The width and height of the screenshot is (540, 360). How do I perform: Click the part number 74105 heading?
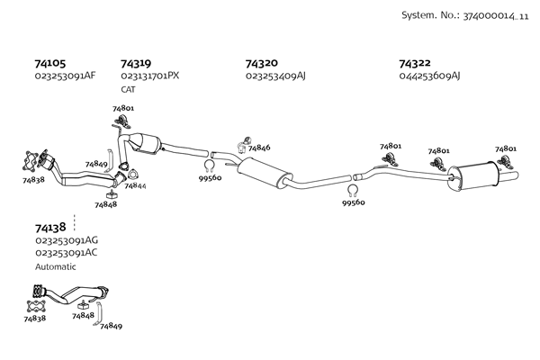(x=50, y=64)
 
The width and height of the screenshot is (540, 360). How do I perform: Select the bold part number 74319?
(x=136, y=64)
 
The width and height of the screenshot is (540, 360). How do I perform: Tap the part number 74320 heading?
(x=262, y=64)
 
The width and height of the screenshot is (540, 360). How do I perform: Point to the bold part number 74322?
(x=415, y=64)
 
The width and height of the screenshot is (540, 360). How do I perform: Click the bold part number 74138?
(x=50, y=229)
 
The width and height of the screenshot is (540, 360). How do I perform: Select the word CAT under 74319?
(x=129, y=89)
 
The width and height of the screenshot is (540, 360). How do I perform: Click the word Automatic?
(x=56, y=266)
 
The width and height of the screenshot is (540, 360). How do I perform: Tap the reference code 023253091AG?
(x=67, y=241)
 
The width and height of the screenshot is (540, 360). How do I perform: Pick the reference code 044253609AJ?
(x=429, y=76)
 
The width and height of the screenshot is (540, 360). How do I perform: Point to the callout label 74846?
(x=259, y=148)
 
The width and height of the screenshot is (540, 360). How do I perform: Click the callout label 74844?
(x=136, y=186)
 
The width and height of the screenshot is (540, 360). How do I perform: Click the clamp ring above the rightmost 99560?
(x=353, y=190)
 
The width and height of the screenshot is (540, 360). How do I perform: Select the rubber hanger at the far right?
(x=504, y=162)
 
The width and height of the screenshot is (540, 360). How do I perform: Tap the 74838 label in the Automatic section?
(x=34, y=319)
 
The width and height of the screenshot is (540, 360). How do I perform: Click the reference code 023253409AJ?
(x=275, y=76)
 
